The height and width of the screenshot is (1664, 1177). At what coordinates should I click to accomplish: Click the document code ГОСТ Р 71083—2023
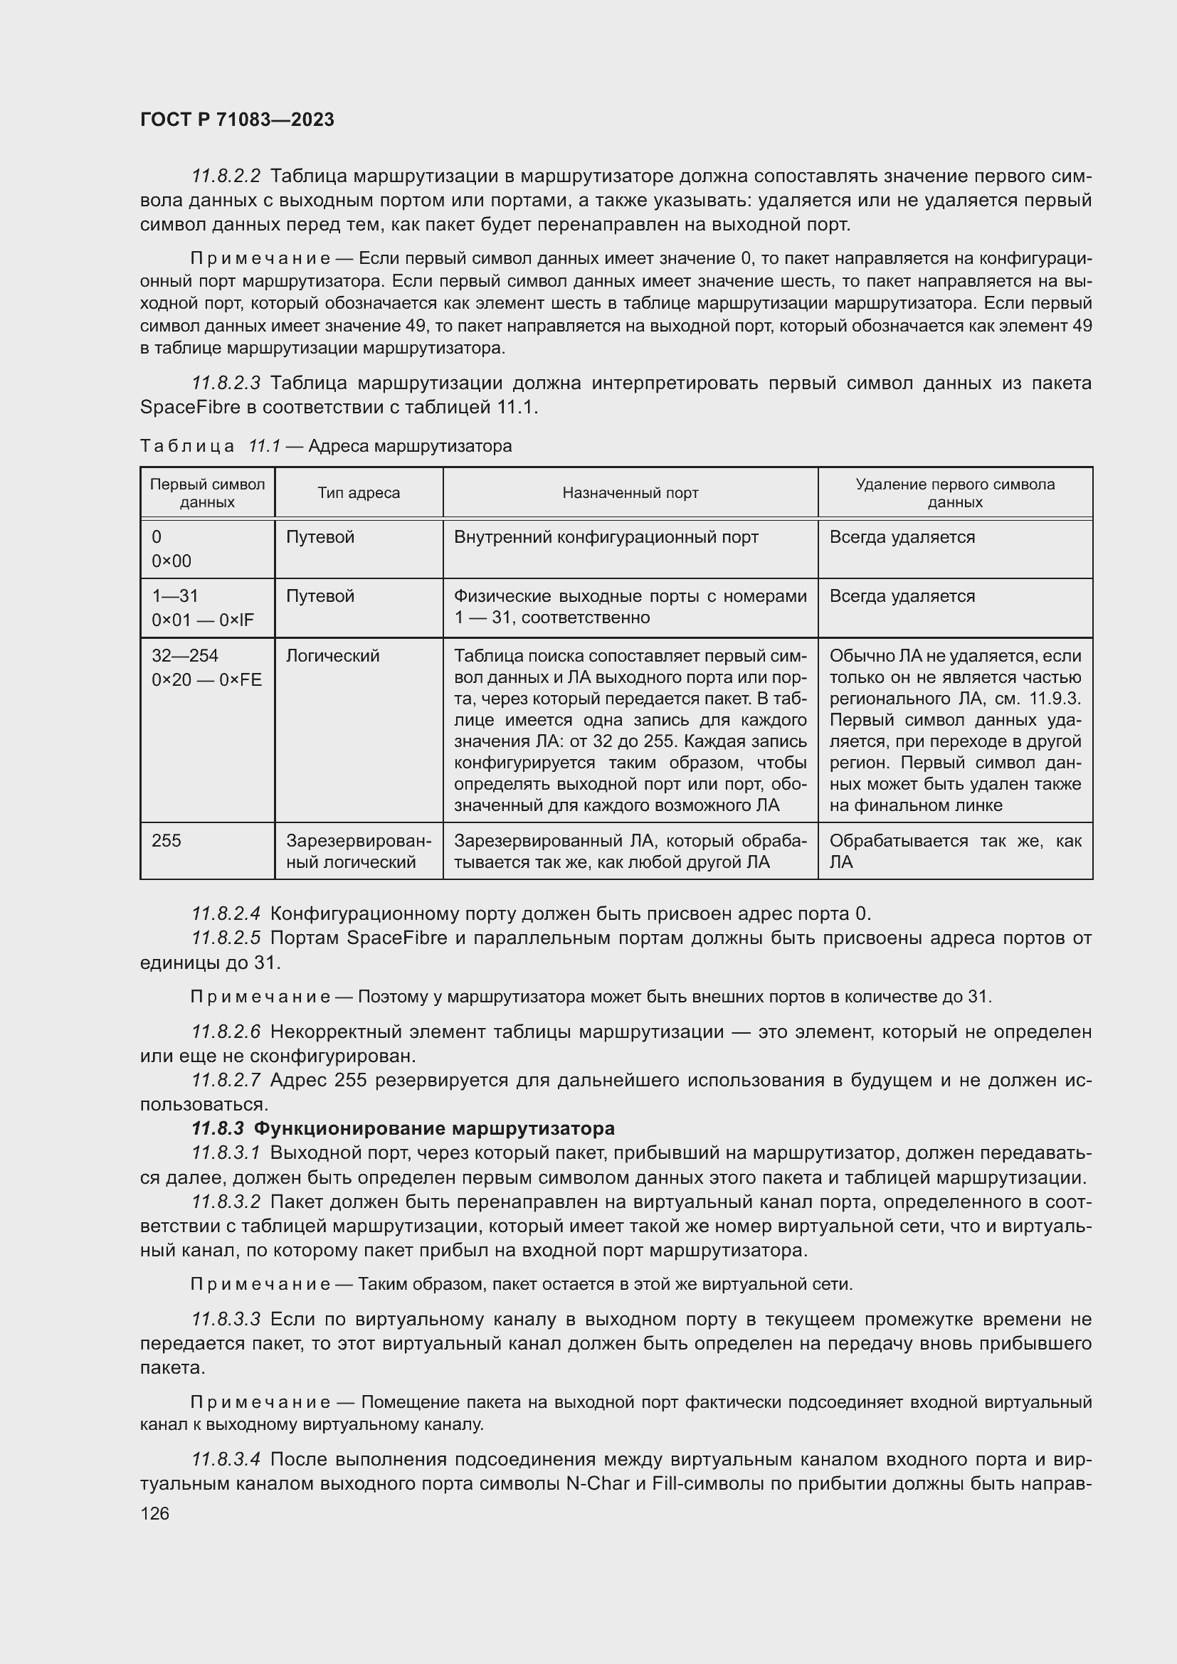(237, 120)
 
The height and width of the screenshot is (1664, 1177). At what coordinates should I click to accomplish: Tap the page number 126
(154, 1513)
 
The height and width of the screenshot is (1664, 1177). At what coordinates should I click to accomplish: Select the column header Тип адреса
(358, 493)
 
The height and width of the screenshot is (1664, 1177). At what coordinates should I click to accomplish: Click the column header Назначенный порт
(630, 493)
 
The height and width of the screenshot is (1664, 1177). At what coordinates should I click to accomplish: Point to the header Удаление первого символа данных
(954, 493)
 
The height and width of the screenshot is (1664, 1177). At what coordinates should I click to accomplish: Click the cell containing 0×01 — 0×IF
(202, 620)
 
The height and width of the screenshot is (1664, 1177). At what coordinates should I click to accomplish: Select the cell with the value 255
(167, 841)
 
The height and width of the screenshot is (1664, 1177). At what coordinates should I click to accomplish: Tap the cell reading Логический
(332, 656)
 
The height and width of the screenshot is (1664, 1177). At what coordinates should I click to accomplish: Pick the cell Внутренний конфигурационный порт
(606, 537)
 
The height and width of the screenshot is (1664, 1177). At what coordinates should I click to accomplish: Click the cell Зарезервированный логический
(358, 852)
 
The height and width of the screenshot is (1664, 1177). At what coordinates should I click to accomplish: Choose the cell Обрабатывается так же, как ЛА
(954, 852)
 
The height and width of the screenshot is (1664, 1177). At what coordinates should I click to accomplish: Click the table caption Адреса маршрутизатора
(409, 447)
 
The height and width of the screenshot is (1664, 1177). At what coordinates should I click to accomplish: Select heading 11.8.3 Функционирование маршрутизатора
(403, 1128)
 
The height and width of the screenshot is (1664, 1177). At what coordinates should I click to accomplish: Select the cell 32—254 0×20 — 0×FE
(206, 667)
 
